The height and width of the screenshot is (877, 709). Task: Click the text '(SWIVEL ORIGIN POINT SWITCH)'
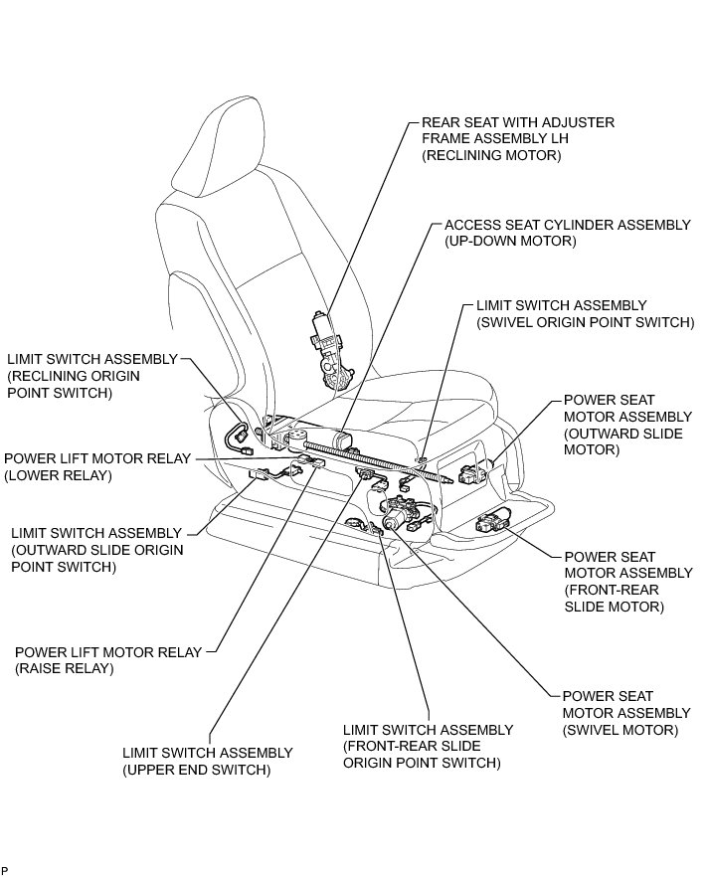coord(585,322)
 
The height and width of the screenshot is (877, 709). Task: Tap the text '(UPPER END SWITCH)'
coord(196,770)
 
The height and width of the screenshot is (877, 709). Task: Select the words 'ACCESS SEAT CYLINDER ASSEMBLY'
coord(567,225)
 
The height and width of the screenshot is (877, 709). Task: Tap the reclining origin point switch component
coord(240,435)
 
